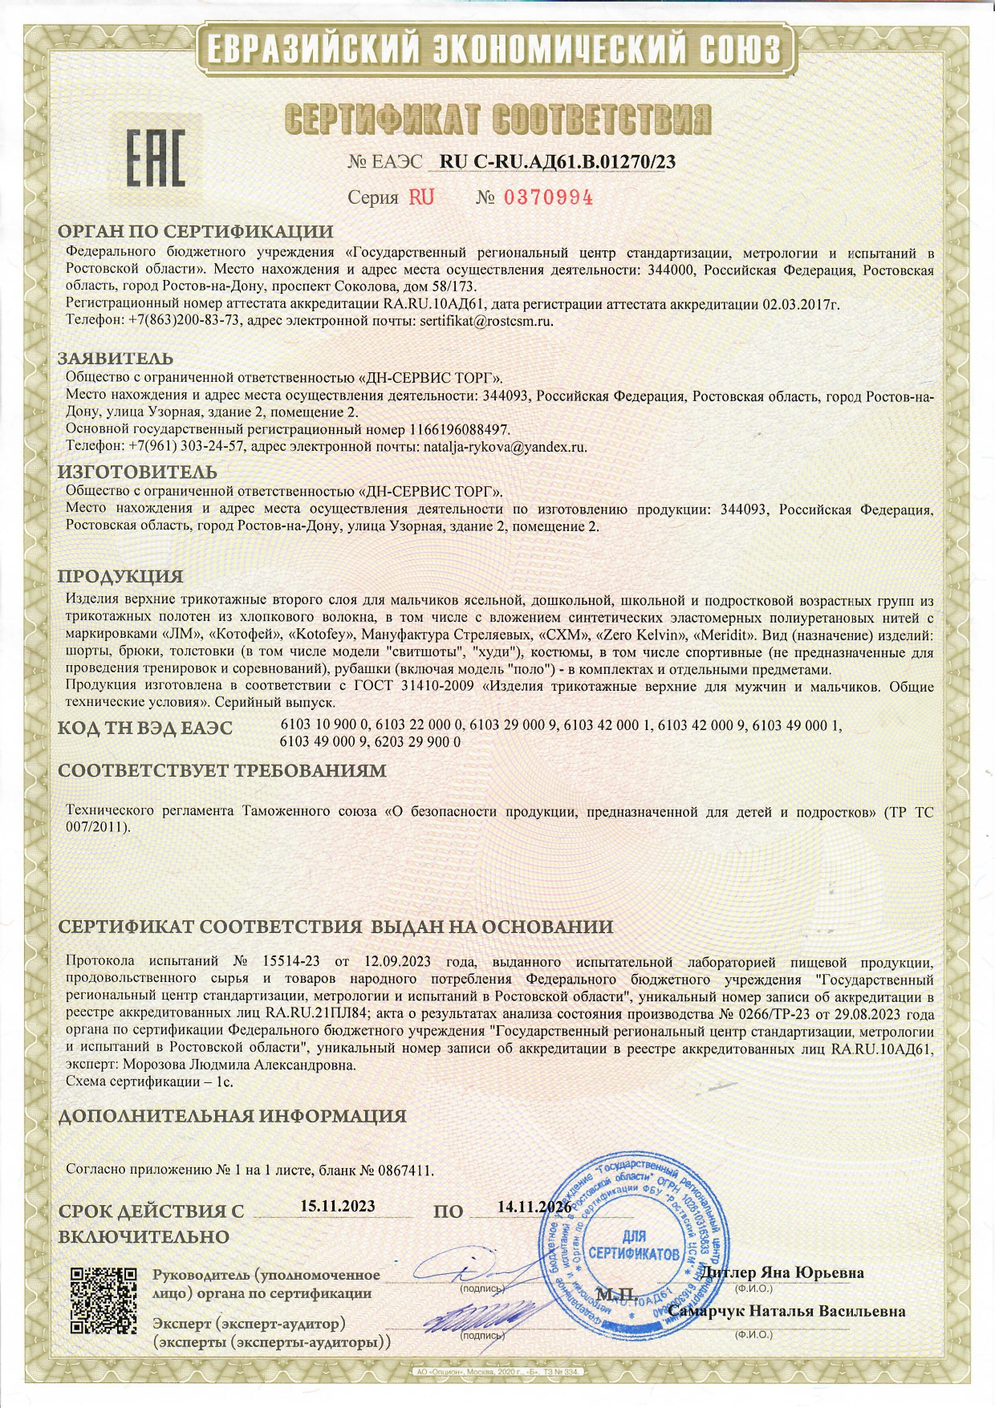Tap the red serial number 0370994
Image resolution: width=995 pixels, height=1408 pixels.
coord(548,197)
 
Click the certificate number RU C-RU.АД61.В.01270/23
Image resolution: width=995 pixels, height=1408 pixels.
coord(558,161)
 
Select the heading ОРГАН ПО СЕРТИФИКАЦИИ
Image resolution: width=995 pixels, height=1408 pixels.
coord(195,232)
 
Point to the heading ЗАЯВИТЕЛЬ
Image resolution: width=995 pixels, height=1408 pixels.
coord(116,358)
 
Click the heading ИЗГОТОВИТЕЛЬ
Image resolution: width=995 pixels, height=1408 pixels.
coord(137,472)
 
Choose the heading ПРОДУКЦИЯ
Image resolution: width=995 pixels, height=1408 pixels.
coord(120,576)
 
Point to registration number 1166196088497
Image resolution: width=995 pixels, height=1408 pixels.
coord(459,430)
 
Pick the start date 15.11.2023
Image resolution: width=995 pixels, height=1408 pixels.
coord(337,1206)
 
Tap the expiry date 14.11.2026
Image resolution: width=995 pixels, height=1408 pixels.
coord(534,1207)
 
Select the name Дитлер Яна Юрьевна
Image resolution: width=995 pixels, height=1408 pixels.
coord(782,1272)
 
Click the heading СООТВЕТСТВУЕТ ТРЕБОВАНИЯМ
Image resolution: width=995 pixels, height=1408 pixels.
coord(222,771)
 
